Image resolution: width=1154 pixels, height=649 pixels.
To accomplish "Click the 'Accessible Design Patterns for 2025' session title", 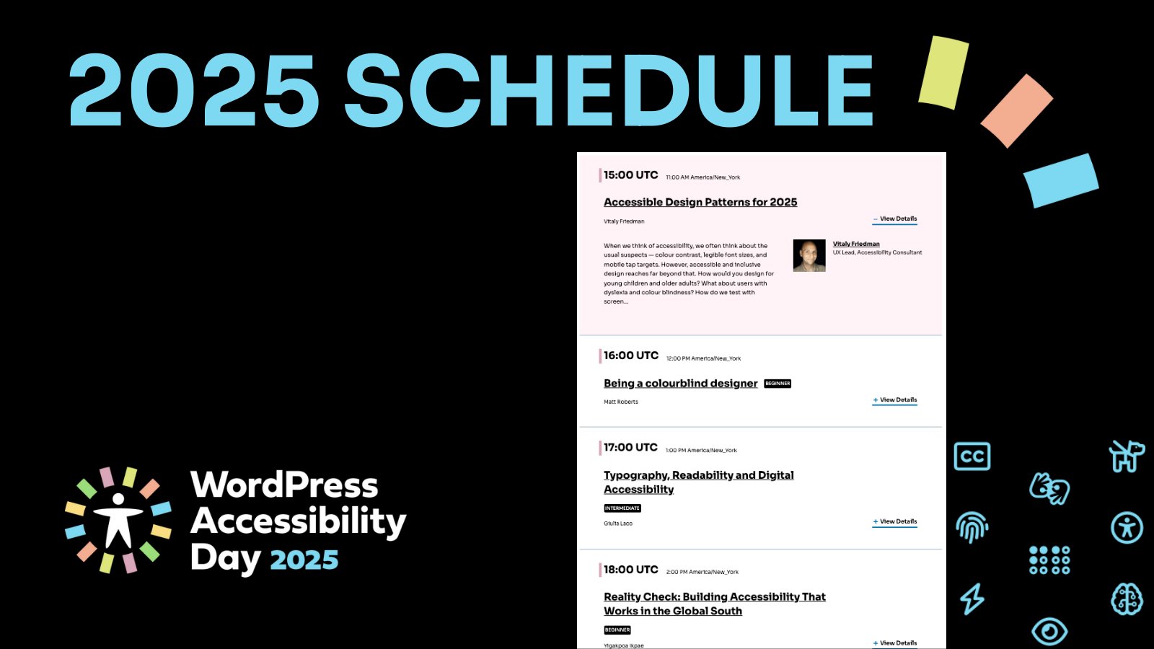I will [x=700, y=203].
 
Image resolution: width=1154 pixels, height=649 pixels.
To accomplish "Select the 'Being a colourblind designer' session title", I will [x=680, y=384].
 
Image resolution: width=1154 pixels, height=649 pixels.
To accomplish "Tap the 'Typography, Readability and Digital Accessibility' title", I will [x=698, y=482].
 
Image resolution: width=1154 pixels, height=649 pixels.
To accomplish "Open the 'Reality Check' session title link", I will [x=714, y=604].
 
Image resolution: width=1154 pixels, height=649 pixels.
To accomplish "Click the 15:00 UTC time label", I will [x=630, y=175].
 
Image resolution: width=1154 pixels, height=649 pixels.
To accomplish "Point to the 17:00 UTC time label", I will [x=630, y=448].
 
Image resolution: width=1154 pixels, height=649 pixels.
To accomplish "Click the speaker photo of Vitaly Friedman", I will [x=809, y=256].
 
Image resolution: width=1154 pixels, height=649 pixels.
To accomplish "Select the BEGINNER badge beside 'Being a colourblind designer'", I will [x=778, y=384].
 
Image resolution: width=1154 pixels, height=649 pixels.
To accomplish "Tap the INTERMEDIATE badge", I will [x=622, y=508].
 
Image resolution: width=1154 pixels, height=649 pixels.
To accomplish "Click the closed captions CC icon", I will [x=972, y=456].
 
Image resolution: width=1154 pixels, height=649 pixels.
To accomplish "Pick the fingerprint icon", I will [x=972, y=527].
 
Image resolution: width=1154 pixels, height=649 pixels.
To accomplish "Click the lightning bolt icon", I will [x=972, y=599].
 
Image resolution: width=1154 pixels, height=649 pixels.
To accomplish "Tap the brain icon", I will [x=1127, y=599].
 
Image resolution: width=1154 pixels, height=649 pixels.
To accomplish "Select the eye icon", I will [x=1049, y=632].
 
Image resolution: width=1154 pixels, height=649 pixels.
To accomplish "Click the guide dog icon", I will [x=1126, y=455].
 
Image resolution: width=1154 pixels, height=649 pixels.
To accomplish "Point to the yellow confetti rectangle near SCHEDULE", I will [x=944, y=72].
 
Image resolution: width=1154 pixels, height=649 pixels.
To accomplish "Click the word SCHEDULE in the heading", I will [x=609, y=92].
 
